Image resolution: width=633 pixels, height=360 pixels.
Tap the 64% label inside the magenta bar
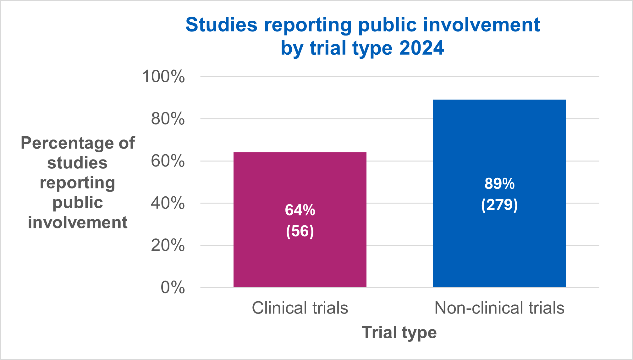pyautogui.click(x=300, y=210)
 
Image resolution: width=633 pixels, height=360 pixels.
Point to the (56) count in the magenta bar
pyautogui.click(x=300, y=231)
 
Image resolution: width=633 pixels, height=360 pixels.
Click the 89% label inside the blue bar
pyautogui.click(x=499, y=184)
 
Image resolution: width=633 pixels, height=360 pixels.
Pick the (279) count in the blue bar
pyautogui.click(x=499, y=205)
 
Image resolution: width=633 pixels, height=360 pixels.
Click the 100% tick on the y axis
pyautogui.click(x=163, y=76)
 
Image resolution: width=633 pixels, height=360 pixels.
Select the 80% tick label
pyautogui.click(x=168, y=119)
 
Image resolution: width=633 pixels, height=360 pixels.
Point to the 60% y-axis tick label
pyautogui.click(x=168, y=161)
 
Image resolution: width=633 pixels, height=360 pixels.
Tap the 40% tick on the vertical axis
pyautogui.click(x=168, y=203)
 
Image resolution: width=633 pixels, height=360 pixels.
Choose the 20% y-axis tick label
pyautogui.click(x=168, y=245)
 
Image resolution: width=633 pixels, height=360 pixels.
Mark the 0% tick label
pyautogui.click(x=173, y=287)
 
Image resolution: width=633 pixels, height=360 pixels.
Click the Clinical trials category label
pyautogui.click(x=300, y=308)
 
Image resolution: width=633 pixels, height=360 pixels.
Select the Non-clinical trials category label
pyautogui.click(x=499, y=308)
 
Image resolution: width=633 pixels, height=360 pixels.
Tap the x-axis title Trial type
pyautogui.click(x=399, y=332)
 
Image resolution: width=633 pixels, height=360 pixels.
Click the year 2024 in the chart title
pyautogui.click(x=421, y=48)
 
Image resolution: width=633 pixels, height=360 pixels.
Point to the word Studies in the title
pyautogui.click(x=221, y=25)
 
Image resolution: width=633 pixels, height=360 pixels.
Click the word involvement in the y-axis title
pyautogui.click(x=78, y=222)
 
